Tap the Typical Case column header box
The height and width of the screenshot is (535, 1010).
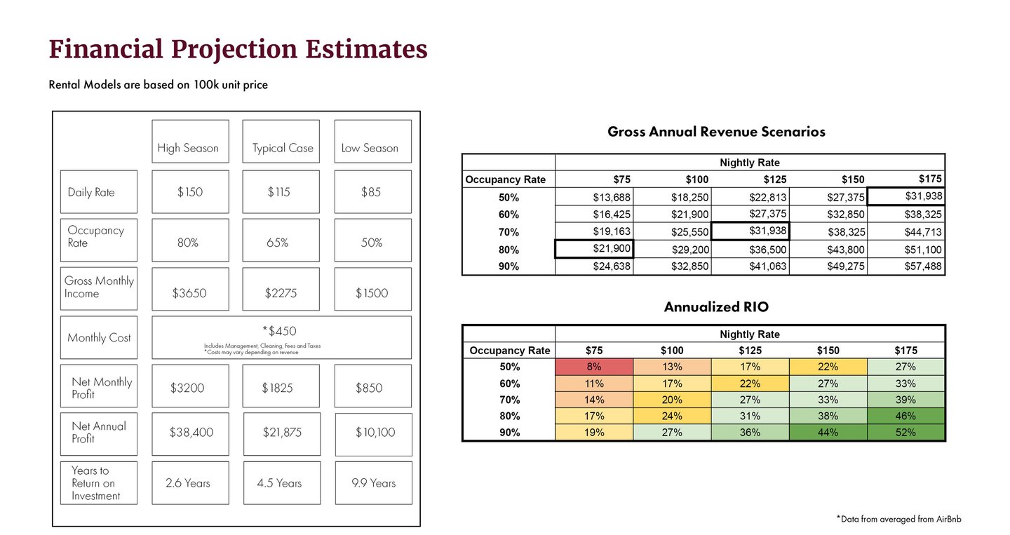tap(281, 142)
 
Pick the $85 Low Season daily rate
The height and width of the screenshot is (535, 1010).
tap(372, 192)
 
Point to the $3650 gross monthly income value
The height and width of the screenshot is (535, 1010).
tap(190, 293)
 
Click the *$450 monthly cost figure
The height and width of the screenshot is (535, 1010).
tap(279, 331)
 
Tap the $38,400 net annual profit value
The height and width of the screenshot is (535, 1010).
tap(191, 433)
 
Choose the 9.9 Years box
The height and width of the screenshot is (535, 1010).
tap(374, 483)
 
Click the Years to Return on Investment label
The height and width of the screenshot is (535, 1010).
tap(99, 483)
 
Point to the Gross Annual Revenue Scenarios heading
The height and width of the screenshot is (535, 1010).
tap(716, 132)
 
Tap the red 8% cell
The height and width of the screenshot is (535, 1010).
tap(594, 367)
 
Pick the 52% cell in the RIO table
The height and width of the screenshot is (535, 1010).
tap(905, 433)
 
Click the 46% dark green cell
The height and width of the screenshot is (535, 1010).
tap(905, 417)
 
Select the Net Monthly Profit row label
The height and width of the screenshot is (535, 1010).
tap(99, 388)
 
